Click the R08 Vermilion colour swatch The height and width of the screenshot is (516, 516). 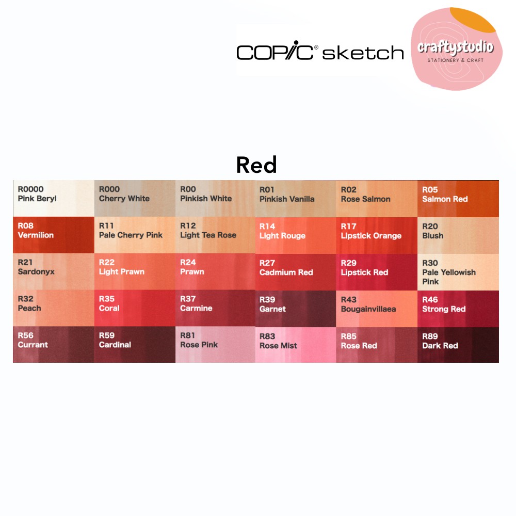54,235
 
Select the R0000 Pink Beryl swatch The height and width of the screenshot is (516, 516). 54,198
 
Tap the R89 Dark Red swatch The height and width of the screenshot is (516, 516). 458,345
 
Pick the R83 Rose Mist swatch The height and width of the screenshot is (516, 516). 296,345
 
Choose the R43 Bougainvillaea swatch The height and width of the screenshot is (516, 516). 377,309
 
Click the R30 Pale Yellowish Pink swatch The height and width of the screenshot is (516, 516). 458,272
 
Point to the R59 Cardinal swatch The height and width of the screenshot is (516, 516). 135,345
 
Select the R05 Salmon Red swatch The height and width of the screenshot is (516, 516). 458,199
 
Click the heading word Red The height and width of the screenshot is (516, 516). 256,165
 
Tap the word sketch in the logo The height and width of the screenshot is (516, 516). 363,53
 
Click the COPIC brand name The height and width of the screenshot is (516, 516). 275,51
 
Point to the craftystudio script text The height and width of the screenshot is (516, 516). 456,47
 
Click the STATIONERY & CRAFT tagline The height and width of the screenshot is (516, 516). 456,60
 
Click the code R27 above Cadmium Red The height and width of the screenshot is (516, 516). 267,263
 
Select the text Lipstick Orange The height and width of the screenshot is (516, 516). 371,236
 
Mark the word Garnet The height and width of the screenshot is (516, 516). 272,309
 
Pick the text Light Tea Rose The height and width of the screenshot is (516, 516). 208,235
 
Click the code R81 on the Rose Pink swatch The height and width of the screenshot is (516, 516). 188,335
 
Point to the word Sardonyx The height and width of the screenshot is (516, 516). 36,272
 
